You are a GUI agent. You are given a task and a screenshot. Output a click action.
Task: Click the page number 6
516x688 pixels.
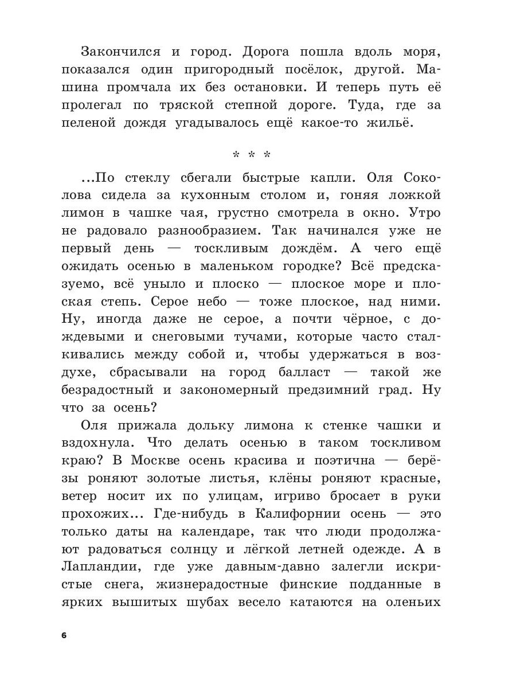click(x=64, y=635)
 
